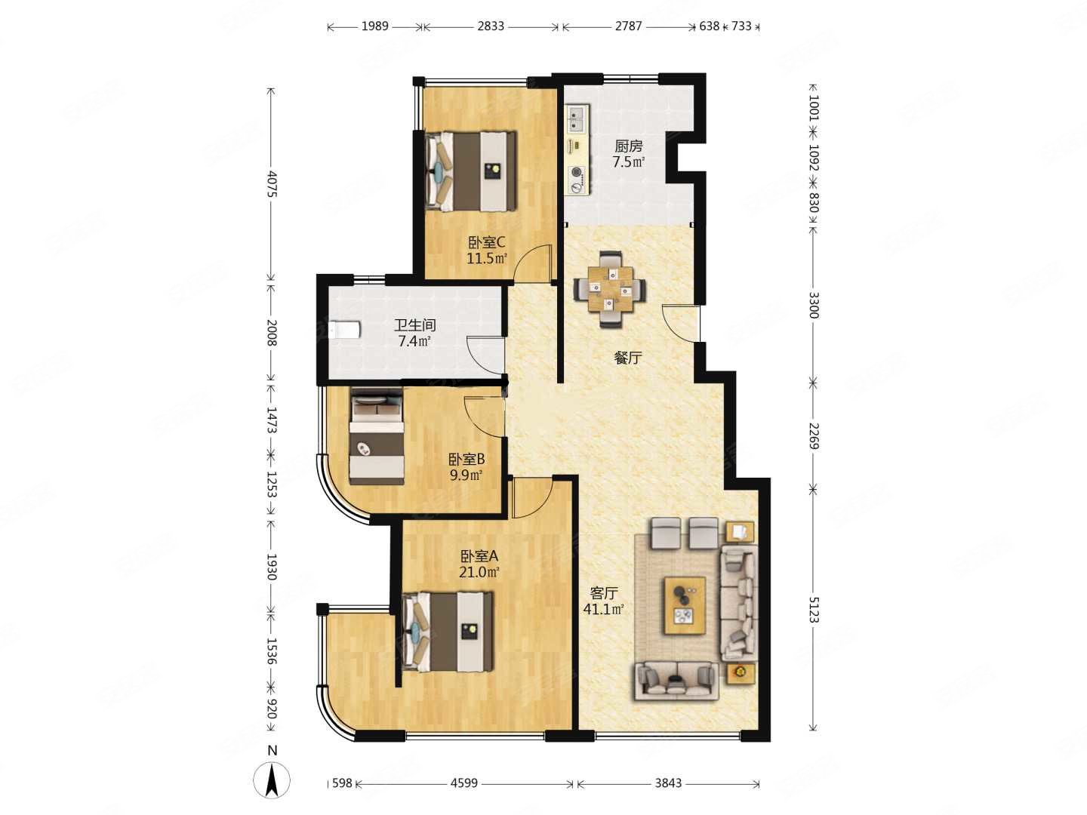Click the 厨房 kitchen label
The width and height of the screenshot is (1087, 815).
629,146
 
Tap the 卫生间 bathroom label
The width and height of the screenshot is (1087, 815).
414,325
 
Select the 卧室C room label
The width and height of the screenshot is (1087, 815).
487,242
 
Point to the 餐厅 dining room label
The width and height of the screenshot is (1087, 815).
627,358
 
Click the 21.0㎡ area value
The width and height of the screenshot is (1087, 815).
479,573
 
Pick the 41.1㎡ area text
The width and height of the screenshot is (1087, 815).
603,609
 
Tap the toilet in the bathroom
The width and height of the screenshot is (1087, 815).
345,330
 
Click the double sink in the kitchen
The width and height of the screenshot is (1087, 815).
577,118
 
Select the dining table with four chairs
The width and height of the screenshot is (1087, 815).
610,290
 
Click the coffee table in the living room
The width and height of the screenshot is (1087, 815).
685,605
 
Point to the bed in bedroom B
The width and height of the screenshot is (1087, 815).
377,436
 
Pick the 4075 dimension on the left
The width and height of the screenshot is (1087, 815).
271,184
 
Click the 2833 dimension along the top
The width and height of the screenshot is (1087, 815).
491,26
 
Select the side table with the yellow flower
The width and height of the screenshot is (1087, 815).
741,673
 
